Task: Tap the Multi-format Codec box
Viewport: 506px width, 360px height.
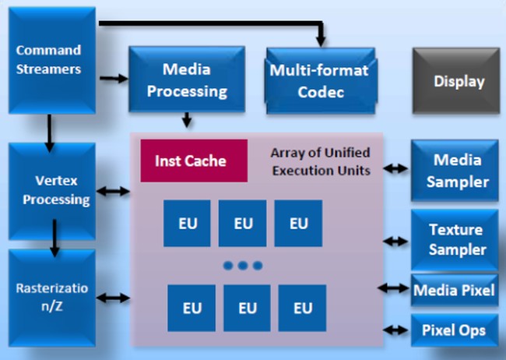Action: pos(319,80)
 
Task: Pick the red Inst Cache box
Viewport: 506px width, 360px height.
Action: pos(194,161)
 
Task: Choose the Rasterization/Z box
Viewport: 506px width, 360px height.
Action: pos(52,298)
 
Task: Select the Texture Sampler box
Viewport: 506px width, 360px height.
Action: pos(455,239)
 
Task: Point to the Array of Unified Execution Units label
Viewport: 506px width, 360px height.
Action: pos(320,161)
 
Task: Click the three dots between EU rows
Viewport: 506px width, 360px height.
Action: pos(243,266)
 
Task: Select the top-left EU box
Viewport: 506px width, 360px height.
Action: pos(188,223)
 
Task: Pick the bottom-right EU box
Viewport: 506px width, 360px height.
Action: pos(302,308)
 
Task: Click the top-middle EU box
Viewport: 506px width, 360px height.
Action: pos(243,223)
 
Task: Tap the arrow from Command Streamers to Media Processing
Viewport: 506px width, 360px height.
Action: pos(113,78)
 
